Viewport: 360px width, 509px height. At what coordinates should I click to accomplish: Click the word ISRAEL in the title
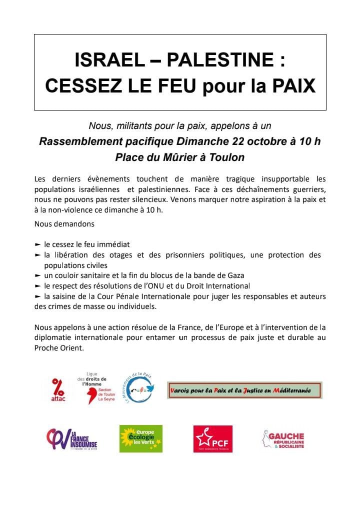point(103,61)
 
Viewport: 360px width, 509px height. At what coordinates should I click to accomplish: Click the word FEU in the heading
point(173,85)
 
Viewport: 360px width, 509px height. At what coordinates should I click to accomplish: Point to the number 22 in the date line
point(235,141)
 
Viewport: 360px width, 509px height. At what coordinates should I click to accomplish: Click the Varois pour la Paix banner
point(244,390)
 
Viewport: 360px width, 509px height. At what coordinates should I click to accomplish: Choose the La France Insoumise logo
point(71,438)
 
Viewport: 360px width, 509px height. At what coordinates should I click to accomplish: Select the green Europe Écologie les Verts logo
point(140,438)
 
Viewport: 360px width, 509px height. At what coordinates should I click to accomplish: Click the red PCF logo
point(212,438)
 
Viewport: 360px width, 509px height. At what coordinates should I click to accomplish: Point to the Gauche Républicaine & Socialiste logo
point(283,439)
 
